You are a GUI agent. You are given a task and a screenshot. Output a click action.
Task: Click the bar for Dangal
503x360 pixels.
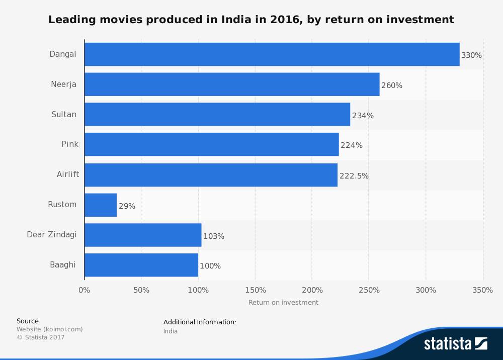(272, 54)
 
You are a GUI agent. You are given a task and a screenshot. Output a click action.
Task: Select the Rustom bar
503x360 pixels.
(101, 205)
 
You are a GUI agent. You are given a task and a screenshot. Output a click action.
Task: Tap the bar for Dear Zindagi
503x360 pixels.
(143, 235)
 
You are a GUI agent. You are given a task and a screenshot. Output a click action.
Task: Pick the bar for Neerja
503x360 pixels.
(232, 84)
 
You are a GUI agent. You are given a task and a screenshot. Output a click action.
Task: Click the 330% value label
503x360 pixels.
(471, 55)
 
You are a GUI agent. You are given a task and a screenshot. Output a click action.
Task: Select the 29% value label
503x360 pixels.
(127, 206)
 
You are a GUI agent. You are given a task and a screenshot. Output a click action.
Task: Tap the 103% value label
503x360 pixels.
(214, 236)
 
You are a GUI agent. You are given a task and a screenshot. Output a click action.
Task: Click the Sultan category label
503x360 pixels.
(64, 114)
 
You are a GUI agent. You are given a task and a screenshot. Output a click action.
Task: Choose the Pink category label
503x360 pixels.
(70, 144)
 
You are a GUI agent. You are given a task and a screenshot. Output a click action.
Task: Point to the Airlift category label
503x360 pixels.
(67, 174)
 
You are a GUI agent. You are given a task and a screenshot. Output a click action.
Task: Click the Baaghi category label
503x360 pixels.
(63, 264)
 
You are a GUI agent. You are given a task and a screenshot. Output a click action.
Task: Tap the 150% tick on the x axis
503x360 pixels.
(255, 290)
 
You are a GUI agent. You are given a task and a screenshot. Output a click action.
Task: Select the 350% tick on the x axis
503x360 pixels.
(483, 290)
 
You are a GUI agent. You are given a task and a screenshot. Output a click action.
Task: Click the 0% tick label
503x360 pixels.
(85, 290)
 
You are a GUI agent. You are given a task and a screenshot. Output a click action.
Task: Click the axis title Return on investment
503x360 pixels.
(283, 302)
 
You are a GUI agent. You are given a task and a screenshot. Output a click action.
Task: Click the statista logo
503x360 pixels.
(455, 344)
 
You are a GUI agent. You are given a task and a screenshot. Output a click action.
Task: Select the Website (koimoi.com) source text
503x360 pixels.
(49, 329)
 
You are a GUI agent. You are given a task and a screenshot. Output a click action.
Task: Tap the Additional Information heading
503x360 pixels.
(200, 322)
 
